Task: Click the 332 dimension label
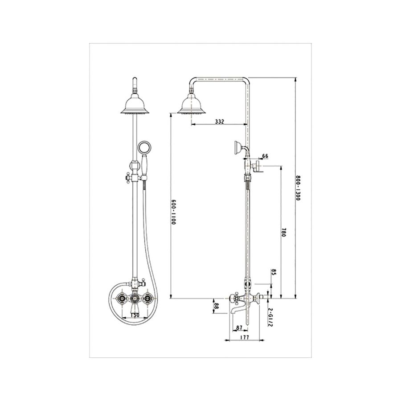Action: (219, 121)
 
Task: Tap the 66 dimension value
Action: (265, 156)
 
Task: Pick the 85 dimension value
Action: (273, 273)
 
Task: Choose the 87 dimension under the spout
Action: (239, 328)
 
